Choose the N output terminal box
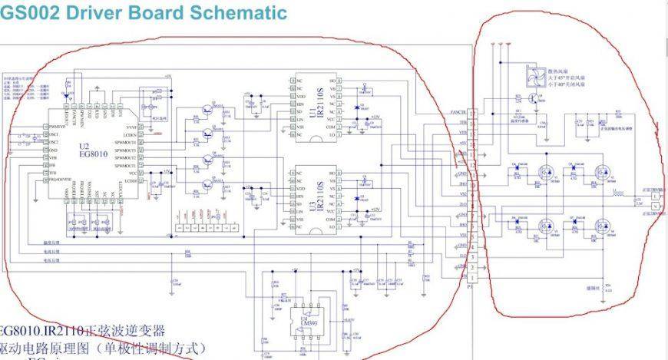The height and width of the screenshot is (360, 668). pyautogui.click(x=654, y=207)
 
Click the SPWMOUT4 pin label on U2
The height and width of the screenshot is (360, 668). pyautogui.click(x=125, y=142)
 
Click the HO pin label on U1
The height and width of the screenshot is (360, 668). pyautogui.click(x=332, y=80)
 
